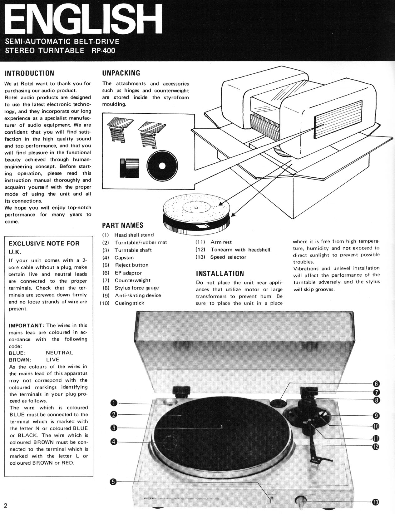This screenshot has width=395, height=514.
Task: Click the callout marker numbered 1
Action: click(x=114, y=403)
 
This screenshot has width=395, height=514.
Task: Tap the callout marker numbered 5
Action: click(x=114, y=482)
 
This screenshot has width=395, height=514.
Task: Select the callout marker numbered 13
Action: click(x=375, y=502)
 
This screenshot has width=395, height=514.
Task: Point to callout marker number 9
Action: click(x=376, y=416)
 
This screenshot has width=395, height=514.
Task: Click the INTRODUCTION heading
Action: click(x=29, y=73)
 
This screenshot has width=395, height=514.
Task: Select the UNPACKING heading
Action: click(x=121, y=73)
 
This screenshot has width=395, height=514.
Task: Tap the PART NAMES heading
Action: click(x=123, y=225)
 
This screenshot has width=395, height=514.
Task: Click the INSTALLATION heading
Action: click(x=220, y=274)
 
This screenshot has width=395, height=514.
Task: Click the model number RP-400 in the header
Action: click(x=103, y=51)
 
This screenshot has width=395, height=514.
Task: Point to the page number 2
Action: click(x=5, y=506)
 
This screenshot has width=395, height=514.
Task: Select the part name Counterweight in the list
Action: click(x=133, y=280)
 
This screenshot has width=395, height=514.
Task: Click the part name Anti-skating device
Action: click(x=138, y=295)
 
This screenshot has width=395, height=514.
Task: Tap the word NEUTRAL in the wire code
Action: click(x=59, y=353)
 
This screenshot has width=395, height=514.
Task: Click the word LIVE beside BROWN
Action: click(x=52, y=360)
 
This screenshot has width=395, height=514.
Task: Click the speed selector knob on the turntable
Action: click(x=300, y=500)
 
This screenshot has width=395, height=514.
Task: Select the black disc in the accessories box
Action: click(x=162, y=166)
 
